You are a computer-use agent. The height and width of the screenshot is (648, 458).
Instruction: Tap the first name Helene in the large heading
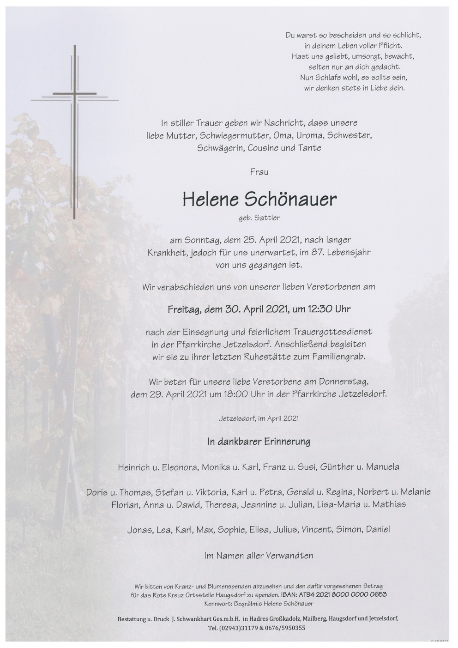tap(211, 199)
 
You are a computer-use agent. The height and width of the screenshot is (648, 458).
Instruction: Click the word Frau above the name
tap(259, 172)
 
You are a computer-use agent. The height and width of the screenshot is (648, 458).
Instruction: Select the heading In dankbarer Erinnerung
tap(259, 442)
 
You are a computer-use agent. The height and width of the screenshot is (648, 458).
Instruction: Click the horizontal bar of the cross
tap(74, 94)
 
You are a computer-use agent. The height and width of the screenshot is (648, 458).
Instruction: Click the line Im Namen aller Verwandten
tap(259, 556)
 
